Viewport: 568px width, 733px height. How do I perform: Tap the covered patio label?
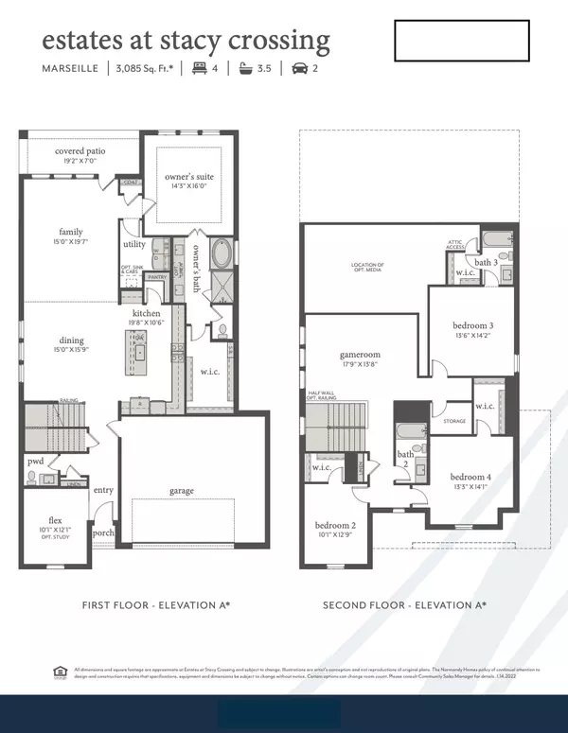point(80,151)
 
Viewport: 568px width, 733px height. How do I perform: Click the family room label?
point(71,232)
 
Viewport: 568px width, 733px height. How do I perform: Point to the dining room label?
point(71,340)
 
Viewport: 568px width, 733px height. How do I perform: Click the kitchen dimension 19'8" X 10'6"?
point(147,323)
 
